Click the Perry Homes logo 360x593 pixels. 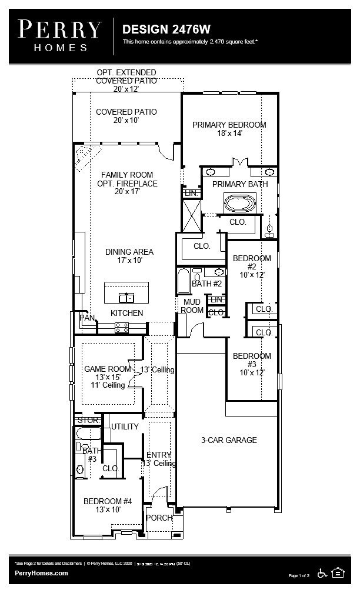tap(59, 35)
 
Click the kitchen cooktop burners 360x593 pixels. tap(122, 328)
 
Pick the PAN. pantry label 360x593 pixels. tap(86, 318)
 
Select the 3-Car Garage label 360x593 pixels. tap(229, 440)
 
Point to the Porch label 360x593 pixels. tap(159, 518)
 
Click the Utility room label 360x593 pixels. tap(125, 427)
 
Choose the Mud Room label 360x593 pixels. tap(191, 306)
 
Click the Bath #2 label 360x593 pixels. tap(206, 284)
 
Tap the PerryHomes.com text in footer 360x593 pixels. tap(41, 573)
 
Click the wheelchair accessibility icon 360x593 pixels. tap(322, 572)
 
